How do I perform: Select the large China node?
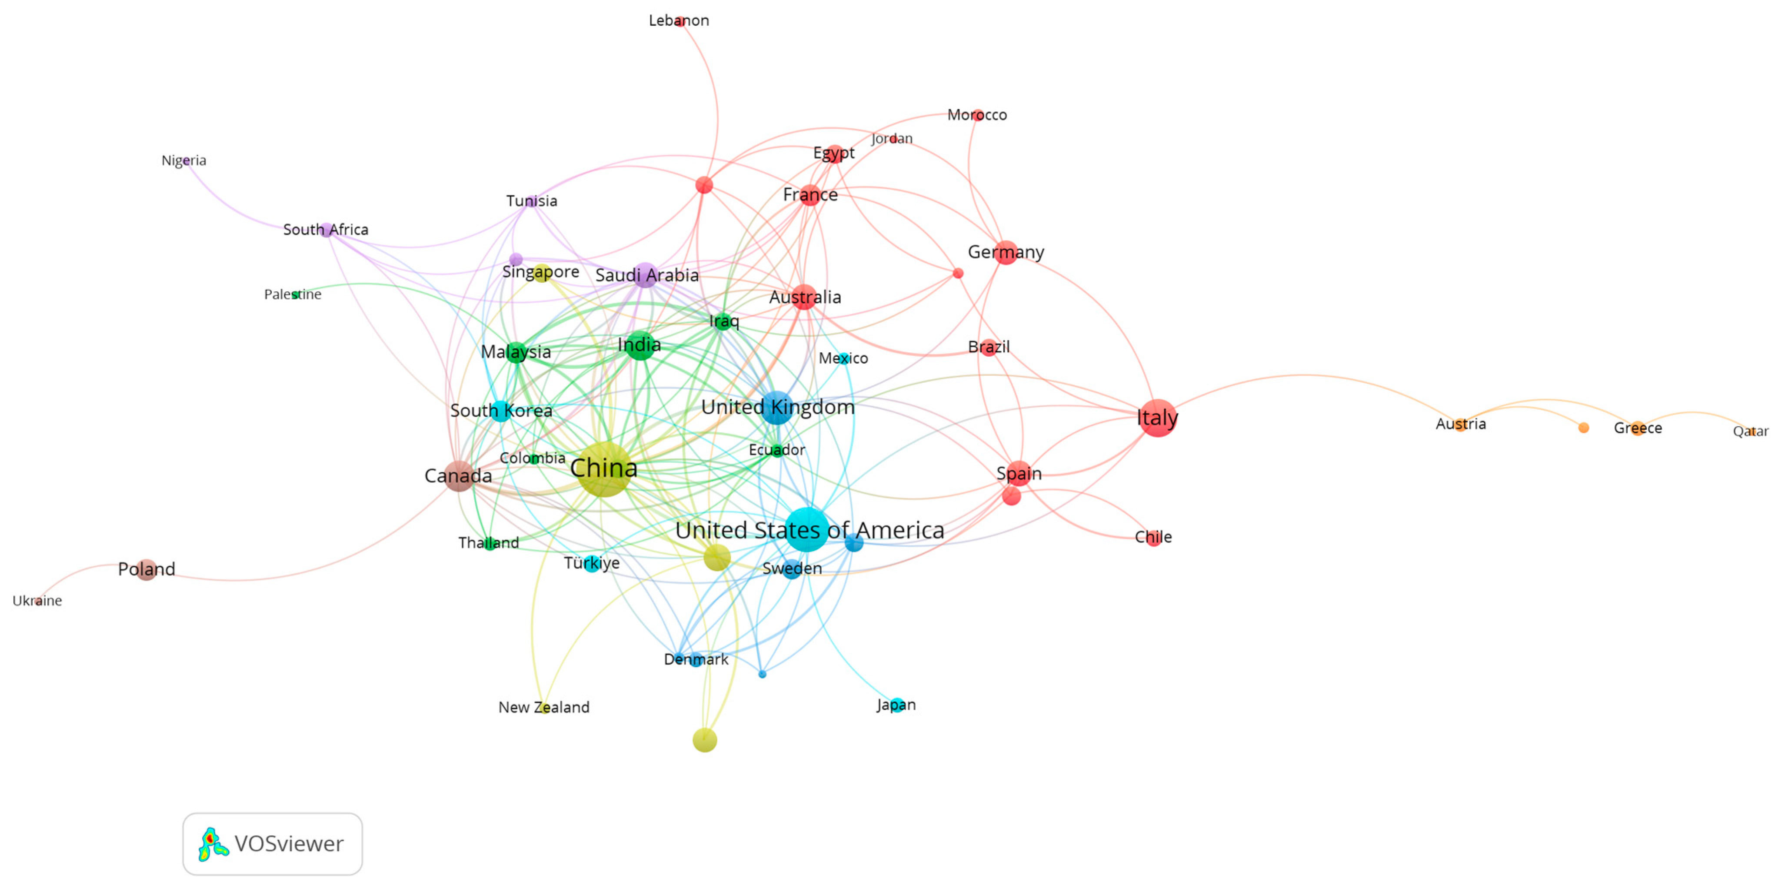coord(604,469)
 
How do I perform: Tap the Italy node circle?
coord(1157,418)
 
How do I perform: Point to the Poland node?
coord(146,569)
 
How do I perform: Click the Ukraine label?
coord(37,601)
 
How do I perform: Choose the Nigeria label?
coord(183,160)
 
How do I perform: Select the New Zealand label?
coord(544,707)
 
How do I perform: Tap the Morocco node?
coord(977,115)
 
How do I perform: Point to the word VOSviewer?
coord(289,844)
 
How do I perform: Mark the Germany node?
coord(1006,253)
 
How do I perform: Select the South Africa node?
coord(326,230)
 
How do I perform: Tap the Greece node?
coord(1637,428)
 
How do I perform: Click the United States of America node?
coord(806,529)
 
